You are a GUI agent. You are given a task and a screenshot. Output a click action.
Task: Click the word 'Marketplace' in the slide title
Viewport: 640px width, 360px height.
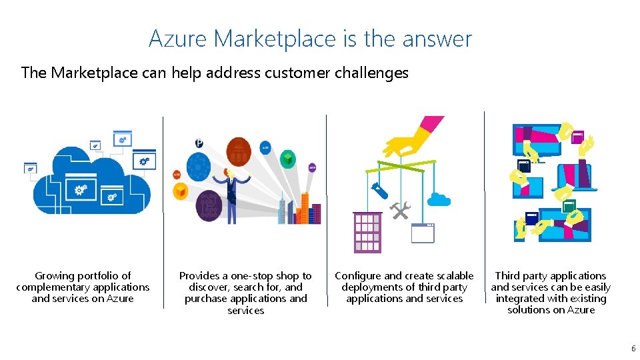tap(276, 39)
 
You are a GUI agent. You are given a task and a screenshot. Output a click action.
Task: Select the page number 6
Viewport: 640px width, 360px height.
tap(633, 348)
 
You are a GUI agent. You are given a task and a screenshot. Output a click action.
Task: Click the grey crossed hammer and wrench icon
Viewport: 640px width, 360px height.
tap(401, 211)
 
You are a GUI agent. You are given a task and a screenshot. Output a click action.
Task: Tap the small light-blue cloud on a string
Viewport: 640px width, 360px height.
tap(439, 198)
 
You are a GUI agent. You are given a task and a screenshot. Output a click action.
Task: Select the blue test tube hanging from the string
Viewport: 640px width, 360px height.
tap(380, 189)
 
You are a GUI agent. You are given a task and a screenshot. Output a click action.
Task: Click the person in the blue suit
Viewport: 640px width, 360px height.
tap(231, 193)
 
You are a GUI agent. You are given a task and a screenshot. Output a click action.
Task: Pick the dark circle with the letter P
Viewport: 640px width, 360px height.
tap(199, 143)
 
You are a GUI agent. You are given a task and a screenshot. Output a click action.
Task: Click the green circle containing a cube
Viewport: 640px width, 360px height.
tap(287, 159)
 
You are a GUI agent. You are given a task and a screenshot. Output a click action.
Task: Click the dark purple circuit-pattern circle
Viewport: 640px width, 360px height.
tap(209, 206)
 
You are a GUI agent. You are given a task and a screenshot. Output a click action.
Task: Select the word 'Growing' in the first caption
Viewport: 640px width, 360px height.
tap(55, 276)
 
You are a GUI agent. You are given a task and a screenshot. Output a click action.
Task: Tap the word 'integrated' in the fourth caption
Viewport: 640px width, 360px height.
tap(522, 299)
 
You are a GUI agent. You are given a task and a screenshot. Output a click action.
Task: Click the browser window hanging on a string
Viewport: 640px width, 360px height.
tap(423, 233)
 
